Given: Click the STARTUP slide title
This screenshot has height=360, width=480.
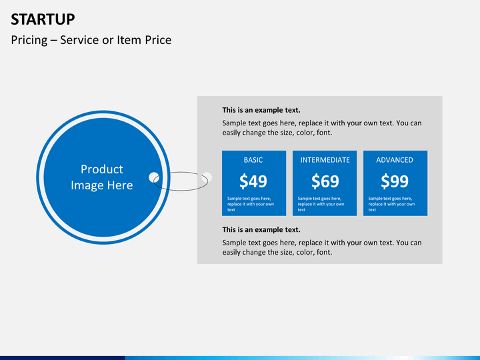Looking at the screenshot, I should point(43,18).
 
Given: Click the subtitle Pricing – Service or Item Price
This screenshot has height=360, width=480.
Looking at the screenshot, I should point(91,40).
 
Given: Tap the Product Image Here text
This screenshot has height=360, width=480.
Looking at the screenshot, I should point(102,177).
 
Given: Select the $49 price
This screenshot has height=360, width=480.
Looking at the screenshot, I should point(253,181).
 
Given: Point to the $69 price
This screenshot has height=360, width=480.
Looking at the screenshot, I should point(325,181).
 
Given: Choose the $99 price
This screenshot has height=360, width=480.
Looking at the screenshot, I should point(395,181).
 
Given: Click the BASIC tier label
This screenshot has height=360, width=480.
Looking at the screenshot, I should point(253,160).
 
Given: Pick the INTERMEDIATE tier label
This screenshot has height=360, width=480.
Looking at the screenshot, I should point(325,160).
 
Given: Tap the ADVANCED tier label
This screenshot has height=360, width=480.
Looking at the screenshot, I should point(395,160).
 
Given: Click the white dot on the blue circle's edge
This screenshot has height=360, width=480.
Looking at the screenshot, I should point(154,177).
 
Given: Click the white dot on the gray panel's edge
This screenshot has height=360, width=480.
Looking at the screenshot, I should point(207,177).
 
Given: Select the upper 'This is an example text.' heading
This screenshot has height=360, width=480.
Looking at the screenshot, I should point(261,110).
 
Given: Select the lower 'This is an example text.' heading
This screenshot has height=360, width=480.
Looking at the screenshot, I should point(261,230).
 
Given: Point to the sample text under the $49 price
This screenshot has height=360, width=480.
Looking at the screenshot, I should point(250,204).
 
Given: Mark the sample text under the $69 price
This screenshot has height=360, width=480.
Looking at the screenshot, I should point(321,204).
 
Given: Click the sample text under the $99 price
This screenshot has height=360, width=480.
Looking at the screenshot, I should point(391,204).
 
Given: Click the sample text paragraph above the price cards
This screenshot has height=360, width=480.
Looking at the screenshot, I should point(322,128).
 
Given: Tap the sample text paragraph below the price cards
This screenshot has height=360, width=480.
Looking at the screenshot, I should point(322,247).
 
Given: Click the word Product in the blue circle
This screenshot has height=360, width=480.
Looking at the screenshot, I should point(102,169).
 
